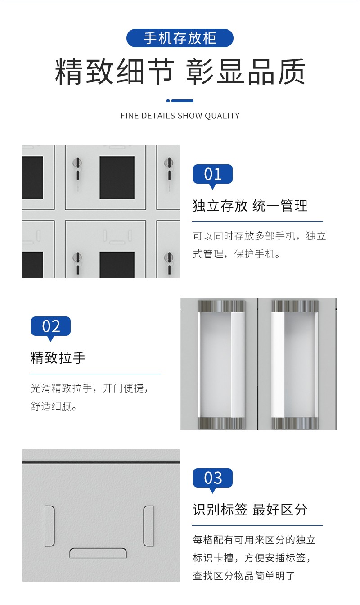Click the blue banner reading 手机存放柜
[180, 38]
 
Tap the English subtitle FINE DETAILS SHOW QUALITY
[180, 116]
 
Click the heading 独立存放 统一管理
[250, 206]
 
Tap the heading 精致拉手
[58, 358]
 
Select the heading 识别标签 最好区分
[250, 510]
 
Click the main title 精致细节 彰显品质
[180, 71]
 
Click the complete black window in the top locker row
[117, 177]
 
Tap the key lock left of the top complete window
[77, 169]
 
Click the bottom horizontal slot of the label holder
[98, 553]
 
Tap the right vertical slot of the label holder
[148, 526]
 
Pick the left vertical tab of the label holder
[50, 526]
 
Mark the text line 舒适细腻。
[54, 406]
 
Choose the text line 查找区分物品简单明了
[244, 576]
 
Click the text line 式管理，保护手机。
[236, 254]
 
